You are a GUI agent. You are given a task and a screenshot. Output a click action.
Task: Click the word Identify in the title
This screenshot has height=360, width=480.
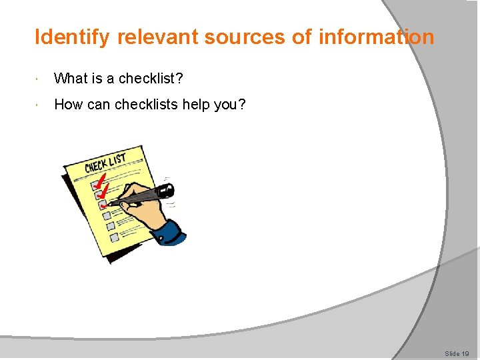[72, 37]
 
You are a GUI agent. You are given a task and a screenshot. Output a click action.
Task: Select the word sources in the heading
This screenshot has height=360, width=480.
[245, 37]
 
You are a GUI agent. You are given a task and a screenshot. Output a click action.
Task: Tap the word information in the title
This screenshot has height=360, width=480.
[376, 37]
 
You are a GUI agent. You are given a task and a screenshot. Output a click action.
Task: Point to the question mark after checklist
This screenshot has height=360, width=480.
[179, 79]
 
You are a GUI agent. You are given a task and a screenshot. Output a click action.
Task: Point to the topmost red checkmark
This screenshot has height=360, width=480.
[101, 179]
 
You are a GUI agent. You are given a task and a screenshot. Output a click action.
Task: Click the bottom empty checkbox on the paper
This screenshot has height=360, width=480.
[114, 236]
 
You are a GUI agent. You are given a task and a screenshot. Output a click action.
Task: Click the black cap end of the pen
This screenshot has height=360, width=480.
[167, 190]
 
